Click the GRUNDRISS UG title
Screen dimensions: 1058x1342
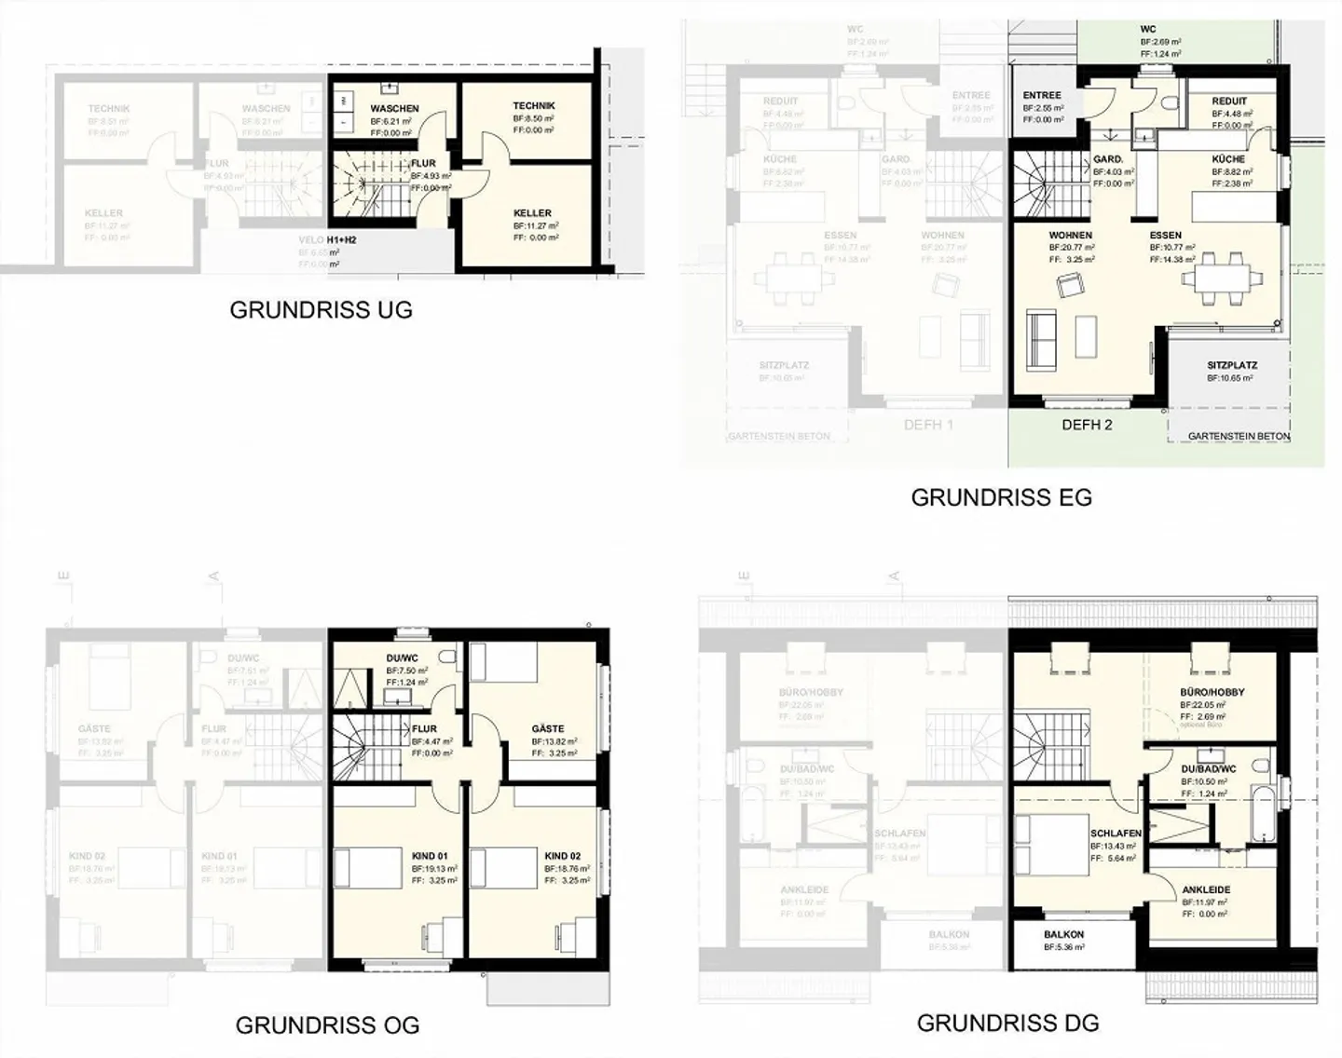click(321, 310)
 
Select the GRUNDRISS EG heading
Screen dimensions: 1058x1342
click(1001, 497)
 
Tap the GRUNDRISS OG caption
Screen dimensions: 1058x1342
click(327, 1025)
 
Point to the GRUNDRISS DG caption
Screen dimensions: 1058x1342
click(1007, 1023)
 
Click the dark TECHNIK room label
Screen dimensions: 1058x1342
click(534, 106)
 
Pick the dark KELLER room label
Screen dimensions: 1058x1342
click(532, 213)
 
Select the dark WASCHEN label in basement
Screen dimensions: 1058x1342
click(394, 109)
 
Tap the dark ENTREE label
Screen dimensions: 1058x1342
click(1042, 96)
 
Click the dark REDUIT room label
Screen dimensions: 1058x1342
click(1229, 102)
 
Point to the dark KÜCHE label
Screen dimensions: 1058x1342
click(1228, 159)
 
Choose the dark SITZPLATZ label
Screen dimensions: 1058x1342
click(1232, 366)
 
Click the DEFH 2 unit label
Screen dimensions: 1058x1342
click(1087, 425)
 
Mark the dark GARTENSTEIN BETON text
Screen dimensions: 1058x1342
click(1239, 436)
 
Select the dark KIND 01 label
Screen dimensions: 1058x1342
click(430, 856)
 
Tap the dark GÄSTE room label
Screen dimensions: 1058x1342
click(548, 729)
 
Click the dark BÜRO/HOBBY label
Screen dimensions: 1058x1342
click(1212, 693)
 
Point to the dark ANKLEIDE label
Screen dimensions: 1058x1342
click(1206, 890)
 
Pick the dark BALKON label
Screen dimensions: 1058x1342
click(1063, 934)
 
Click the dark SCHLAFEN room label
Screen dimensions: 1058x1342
click(1116, 834)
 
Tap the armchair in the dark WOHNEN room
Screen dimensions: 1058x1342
click(1067, 287)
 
